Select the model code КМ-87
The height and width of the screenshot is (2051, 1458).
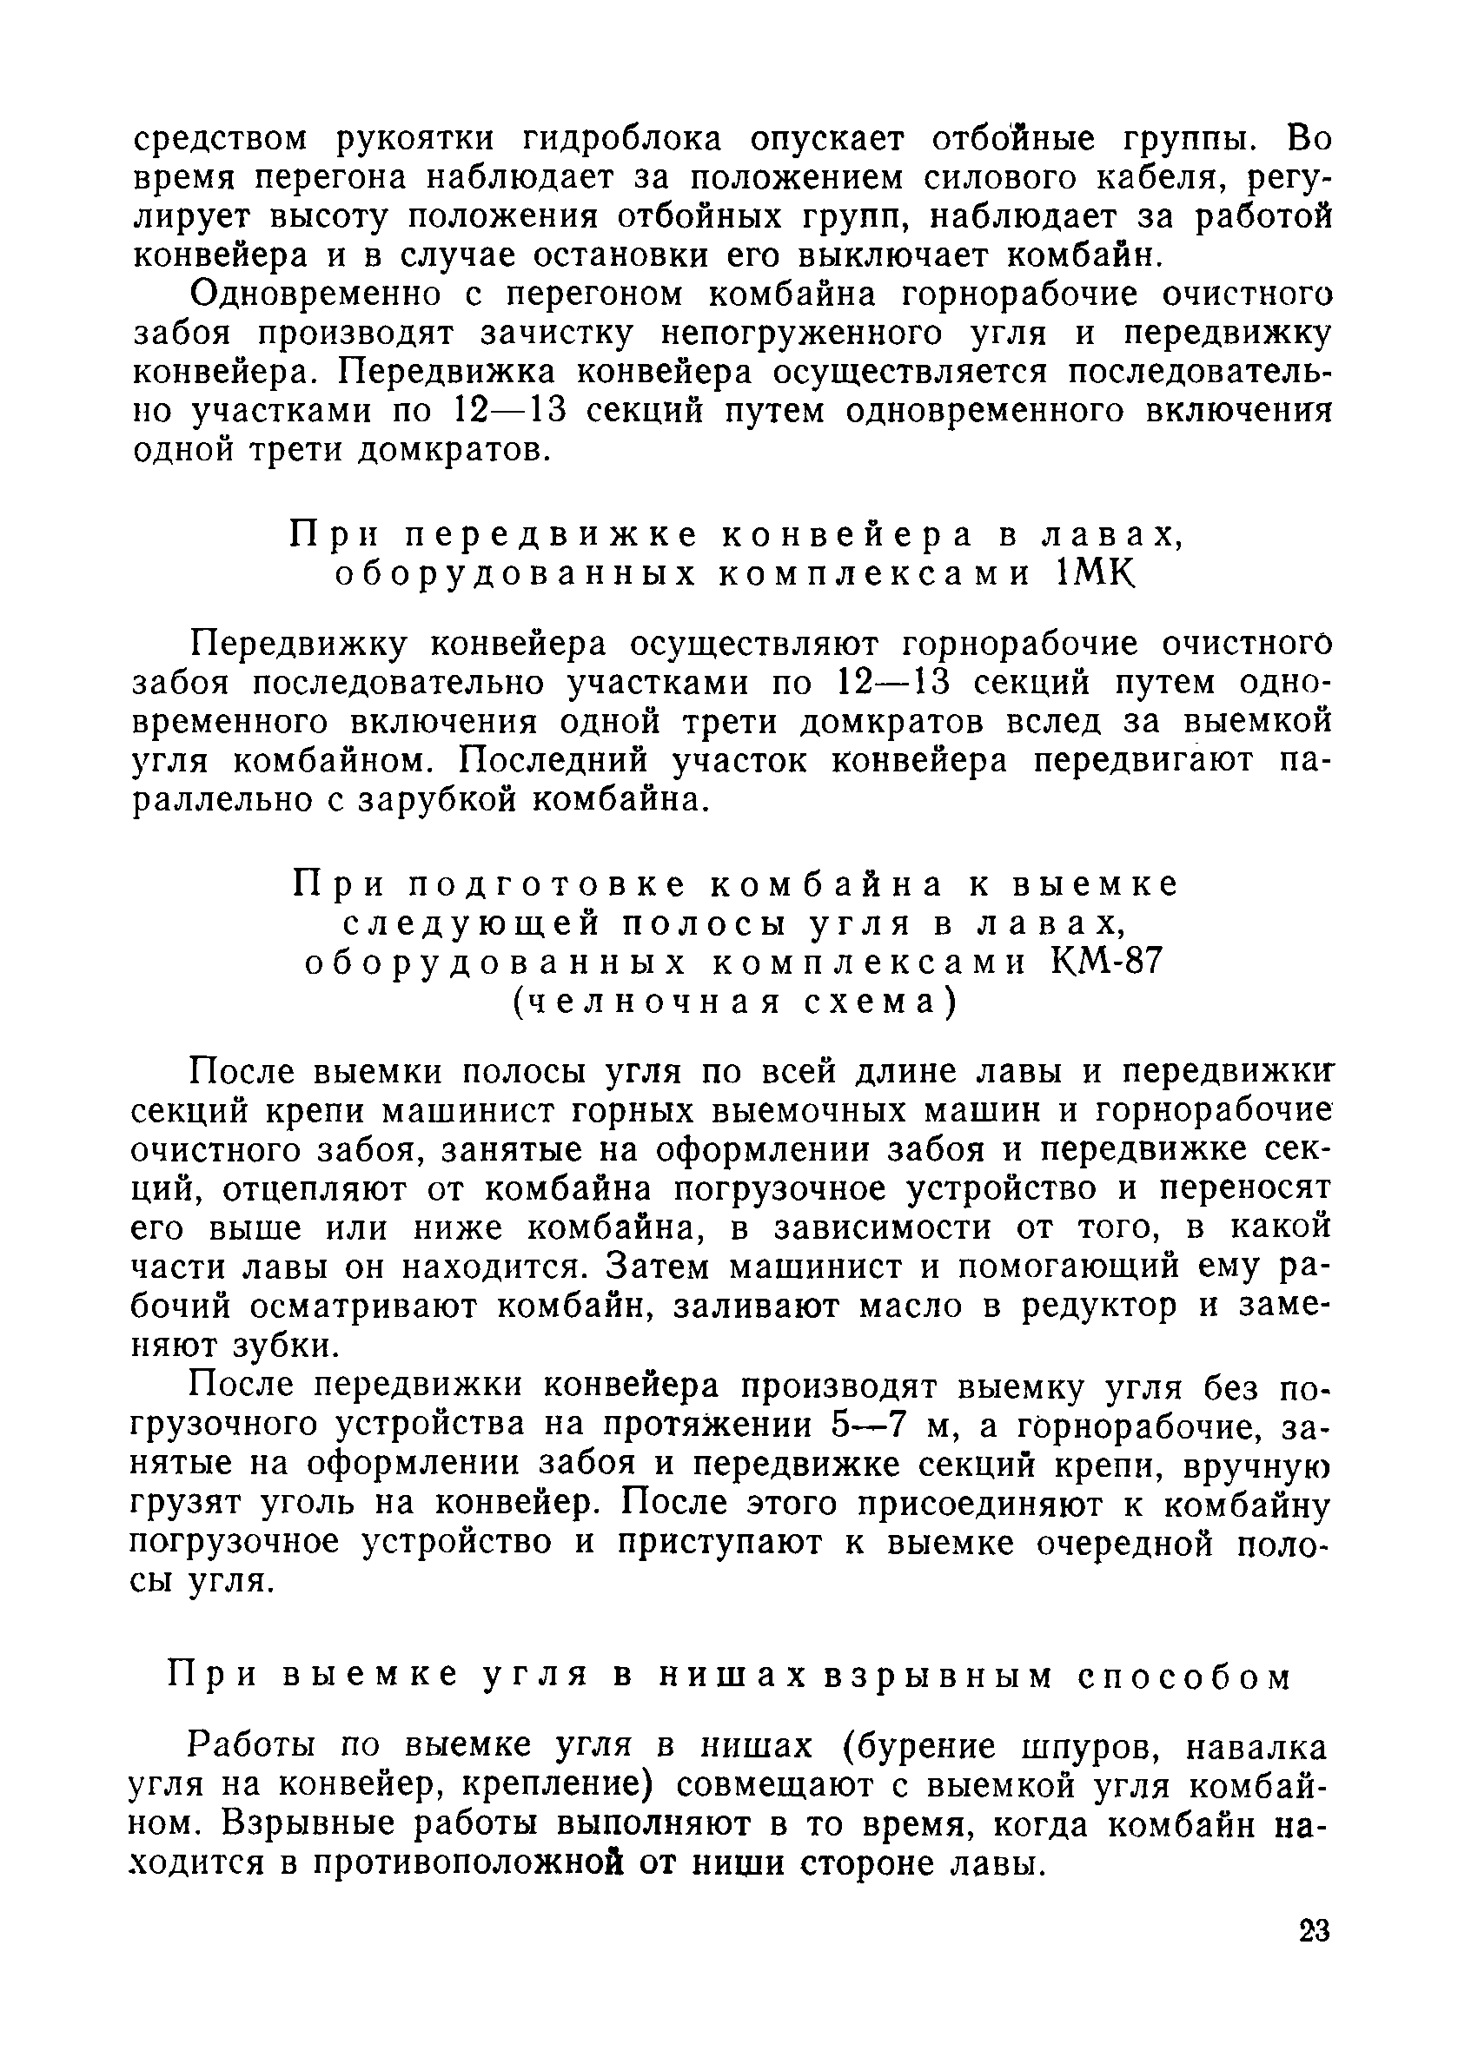(x=1106, y=963)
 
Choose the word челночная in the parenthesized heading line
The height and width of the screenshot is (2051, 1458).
(x=641, y=1002)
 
